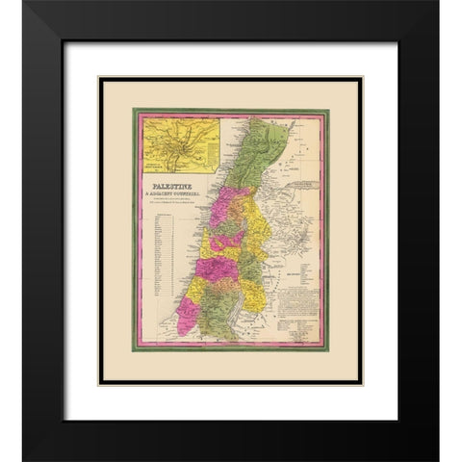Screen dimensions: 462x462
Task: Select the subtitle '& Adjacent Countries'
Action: (x=167, y=188)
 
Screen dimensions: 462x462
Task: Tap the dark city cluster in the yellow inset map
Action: (x=180, y=135)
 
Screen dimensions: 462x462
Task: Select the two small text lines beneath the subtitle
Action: (x=169, y=199)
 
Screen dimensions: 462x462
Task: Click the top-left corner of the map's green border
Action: (x=134, y=109)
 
